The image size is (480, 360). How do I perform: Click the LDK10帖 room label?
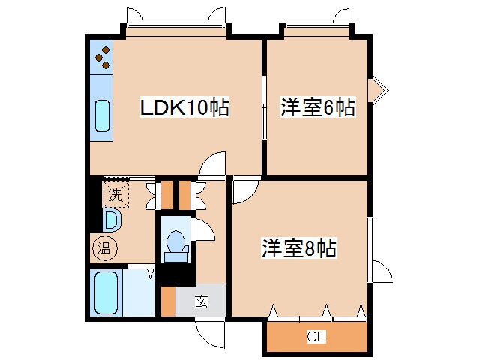(x=184, y=108)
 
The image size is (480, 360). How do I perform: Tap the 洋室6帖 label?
(x=317, y=107)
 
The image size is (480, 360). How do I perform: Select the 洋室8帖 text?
(x=298, y=247)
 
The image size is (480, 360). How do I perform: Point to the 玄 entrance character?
(x=201, y=301)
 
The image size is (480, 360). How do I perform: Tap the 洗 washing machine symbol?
(x=115, y=195)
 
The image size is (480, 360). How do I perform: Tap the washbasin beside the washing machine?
(x=109, y=220)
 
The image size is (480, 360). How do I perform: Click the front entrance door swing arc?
(x=209, y=330)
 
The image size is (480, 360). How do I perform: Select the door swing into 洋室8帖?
(x=243, y=191)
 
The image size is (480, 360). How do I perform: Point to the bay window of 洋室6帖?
(x=379, y=91)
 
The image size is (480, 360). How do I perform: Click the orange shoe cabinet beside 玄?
(x=168, y=301)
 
